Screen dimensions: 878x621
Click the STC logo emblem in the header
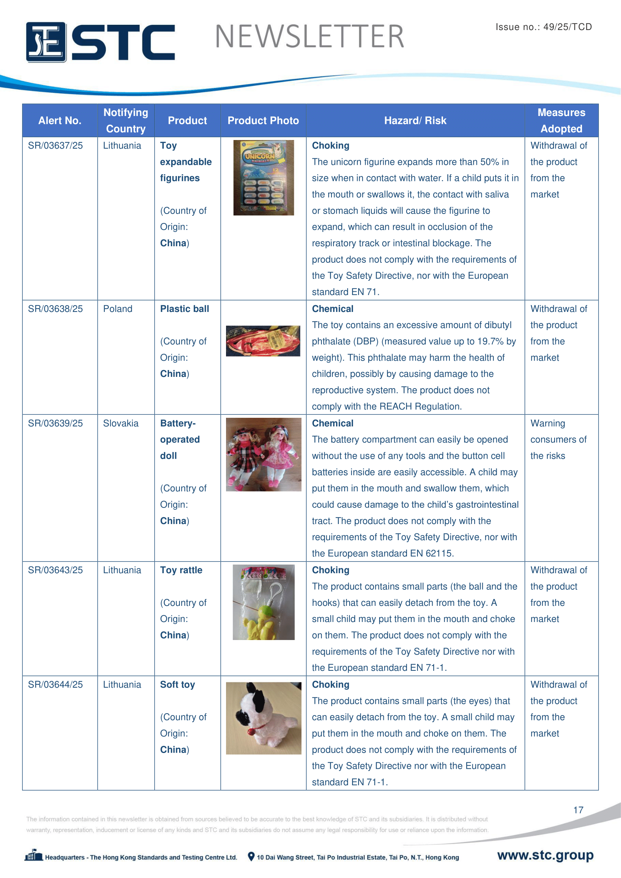click(46, 42)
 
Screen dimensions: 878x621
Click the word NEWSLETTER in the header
click(309, 37)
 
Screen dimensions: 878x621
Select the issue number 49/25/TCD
click(567, 27)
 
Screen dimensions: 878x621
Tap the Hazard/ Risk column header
click(415, 120)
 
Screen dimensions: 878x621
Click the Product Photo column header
click(263, 120)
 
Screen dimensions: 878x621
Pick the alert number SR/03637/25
click(56, 146)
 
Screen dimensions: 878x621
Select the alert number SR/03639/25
click(56, 423)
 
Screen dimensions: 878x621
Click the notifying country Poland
click(118, 309)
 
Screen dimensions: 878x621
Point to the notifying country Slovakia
click(121, 423)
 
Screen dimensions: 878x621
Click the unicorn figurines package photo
click(264, 178)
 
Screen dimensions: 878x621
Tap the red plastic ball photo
click(263, 341)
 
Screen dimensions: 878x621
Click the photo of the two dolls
click(264, 454)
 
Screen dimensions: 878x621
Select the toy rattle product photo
click(264, 602)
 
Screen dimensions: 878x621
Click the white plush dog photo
click(264, 718)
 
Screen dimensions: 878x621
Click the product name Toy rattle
click(181, 570)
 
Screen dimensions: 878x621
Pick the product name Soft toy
click(178, 685)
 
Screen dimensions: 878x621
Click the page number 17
click(578, 810)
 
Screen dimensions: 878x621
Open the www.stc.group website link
click(545, 855)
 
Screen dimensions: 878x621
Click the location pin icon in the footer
click(251, 856)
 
